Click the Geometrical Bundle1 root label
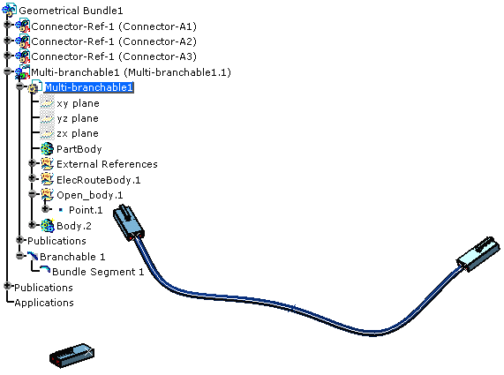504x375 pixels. (71, 11)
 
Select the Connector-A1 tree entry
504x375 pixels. (114, 26)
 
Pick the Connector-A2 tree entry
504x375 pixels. (114, 41)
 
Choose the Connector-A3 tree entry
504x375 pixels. (114, 56)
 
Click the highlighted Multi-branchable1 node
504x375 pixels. (89, 87)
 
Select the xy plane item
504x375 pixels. (78, 103)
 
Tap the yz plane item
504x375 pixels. (78, 118)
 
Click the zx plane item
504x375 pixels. (78, 133)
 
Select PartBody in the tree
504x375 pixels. (79, 149)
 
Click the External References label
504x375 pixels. (107, 164)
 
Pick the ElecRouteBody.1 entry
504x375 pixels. (99, 180)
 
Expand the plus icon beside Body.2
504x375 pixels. (32, 225)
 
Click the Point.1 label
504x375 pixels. (86, 210)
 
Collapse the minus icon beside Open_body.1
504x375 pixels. (32, 194)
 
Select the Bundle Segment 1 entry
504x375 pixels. (98, 272)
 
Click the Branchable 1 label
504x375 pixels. (72, 257)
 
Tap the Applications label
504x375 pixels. (44, 303)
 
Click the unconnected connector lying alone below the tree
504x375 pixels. (72, 355)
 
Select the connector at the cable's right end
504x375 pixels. (478, 254)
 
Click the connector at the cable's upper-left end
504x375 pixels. (129, 222)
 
